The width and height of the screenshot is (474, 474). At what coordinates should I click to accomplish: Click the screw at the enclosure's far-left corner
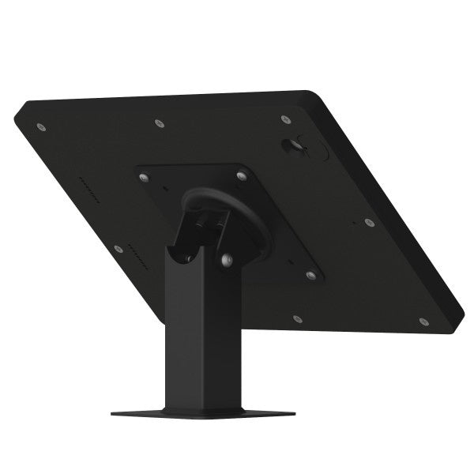[42, 127]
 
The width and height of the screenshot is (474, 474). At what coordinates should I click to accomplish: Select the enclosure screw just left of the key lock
[285, 120]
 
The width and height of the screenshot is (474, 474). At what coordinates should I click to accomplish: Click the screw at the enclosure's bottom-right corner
[423, 322]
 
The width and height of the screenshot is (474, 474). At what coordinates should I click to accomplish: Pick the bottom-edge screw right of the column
[297, 319]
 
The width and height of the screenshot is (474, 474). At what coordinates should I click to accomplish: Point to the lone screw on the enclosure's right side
[368, 223]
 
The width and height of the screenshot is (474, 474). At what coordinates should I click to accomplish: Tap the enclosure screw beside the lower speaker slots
[118, 249]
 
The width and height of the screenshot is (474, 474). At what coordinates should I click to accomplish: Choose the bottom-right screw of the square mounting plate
[310, 276]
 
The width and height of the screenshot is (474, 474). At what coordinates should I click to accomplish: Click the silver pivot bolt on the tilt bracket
[227, 260]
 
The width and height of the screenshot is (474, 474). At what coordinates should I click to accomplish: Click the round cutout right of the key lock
[322, 148]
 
